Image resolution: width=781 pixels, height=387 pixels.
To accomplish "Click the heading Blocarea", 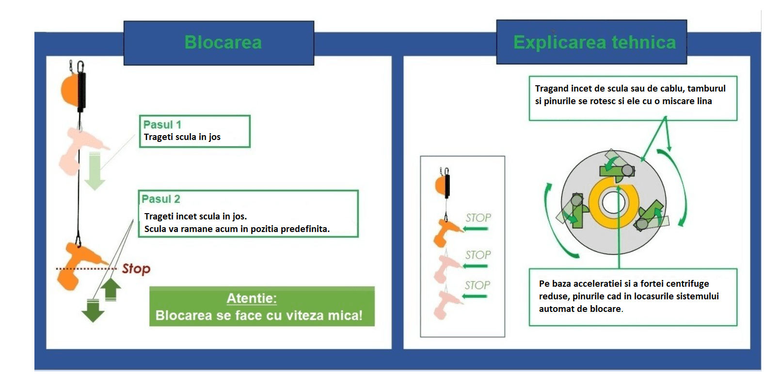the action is [223, 43].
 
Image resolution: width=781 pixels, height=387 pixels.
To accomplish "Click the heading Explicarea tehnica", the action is [594, 43].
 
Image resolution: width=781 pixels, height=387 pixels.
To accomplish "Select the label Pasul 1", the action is [162, 124].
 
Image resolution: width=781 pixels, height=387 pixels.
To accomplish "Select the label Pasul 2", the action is [161, 199].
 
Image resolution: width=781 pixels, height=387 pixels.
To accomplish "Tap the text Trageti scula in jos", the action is [182, 137].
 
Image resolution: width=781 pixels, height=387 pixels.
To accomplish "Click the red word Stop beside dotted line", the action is [136, 268].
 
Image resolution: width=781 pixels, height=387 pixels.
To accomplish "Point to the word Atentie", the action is [252, 298].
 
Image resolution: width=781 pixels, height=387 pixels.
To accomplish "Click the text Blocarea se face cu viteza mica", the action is [259, 316].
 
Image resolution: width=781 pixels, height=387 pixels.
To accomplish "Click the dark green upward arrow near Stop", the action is [111, 289].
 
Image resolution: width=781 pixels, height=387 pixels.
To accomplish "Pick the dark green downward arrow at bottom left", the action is [93, 310].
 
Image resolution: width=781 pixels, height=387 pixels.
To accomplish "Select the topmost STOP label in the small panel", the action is [478, 218].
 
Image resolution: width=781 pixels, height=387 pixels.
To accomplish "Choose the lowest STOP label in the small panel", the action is [477, 285].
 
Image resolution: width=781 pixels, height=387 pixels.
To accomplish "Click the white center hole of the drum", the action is [613, 202].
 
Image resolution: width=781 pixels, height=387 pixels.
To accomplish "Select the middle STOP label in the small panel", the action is [478, 255].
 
